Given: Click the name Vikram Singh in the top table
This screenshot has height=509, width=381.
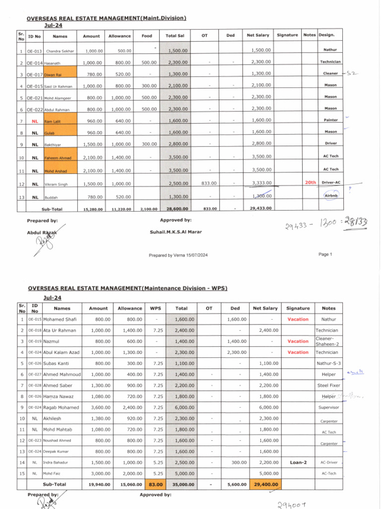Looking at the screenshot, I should [x=56, y=183].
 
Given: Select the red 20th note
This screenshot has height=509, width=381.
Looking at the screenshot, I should [x=310, y=182].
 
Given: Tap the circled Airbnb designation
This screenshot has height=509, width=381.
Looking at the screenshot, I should [x=331, y=196].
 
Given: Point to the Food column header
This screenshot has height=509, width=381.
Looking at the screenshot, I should [x=147, y=36].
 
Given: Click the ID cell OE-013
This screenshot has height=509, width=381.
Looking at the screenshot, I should [x=34, y=51].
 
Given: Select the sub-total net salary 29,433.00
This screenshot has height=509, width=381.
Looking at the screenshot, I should [x=261, y=208].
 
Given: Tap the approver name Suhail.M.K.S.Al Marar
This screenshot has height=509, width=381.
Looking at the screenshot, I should [x=176, y=232].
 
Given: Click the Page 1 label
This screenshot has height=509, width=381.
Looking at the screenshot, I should [x=325, y=254].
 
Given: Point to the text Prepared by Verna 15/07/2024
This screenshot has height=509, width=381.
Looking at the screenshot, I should [x=178, y=255].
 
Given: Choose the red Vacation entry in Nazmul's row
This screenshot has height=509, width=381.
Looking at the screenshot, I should [x=298, y=341].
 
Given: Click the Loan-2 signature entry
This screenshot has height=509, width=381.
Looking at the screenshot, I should [x=298, y=462].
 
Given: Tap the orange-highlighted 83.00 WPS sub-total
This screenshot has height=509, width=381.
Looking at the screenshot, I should [x=155, y=484].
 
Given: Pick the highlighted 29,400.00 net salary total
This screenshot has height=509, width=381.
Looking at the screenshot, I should [x=266, y=484].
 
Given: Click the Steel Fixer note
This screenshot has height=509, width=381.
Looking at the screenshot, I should [x=328, y=385].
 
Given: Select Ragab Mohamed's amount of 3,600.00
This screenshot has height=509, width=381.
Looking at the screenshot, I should [x=98, y=407].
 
